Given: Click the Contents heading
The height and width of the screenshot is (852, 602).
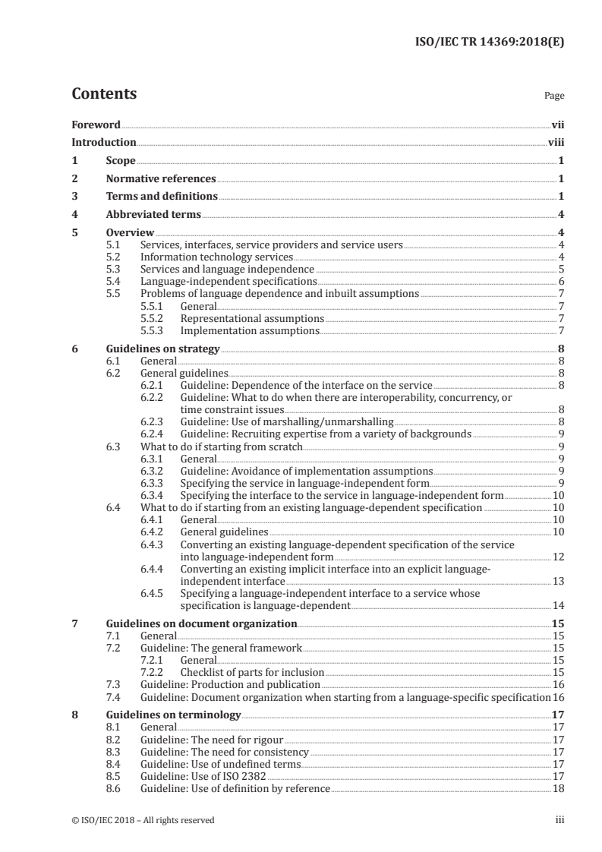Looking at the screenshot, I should point(104,95).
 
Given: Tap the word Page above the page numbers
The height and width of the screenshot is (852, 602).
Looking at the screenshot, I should point(554,96).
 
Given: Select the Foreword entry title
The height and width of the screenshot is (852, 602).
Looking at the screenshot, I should point(96,125).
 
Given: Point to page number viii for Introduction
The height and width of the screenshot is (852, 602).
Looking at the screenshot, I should point(556,143).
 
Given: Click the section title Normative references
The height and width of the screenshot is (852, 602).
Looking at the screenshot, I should point(161,179).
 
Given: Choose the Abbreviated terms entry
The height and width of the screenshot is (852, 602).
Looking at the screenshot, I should point(153,215).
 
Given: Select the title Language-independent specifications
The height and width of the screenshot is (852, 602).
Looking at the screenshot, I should point(224,281).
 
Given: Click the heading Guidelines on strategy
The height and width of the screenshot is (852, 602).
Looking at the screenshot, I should point(162,349).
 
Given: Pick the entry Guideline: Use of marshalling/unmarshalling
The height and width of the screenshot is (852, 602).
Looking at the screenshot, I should point(287,421).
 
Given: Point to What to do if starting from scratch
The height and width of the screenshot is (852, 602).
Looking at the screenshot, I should point(222,447).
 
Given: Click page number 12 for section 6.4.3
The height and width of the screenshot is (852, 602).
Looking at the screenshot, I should point(558,557).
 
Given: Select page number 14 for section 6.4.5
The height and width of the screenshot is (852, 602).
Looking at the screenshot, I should point(558,606).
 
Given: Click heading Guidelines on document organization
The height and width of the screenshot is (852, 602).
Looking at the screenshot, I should point(201,623).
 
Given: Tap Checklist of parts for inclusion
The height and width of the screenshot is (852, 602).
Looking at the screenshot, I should point(252,672).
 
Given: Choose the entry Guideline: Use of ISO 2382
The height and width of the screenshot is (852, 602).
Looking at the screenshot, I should point(203,776).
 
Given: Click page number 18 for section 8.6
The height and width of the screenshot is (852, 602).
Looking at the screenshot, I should point(558,789).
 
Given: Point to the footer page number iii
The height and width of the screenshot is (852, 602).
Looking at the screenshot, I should point(560,820).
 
